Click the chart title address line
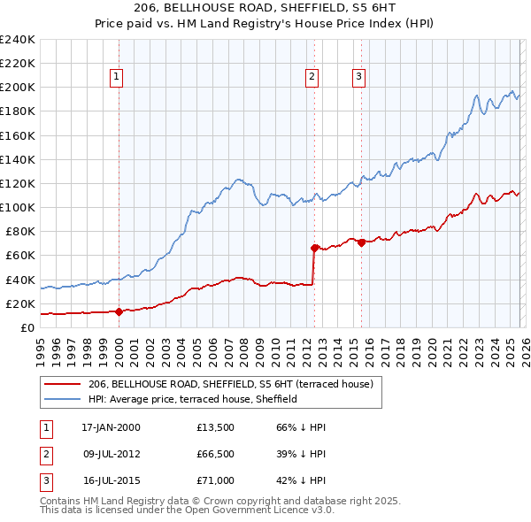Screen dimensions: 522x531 click(x=265, y=8)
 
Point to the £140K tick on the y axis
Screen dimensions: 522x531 click(x=18, y=159)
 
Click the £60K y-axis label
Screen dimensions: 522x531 click(x=19, y=255)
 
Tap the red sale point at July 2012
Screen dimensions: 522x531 click(x=314, y=248)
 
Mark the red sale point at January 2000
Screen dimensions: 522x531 click(x=119, y=311)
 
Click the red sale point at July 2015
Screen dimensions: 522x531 click(x=361, y=242)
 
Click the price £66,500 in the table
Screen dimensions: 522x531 click(x=216, y=454)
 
